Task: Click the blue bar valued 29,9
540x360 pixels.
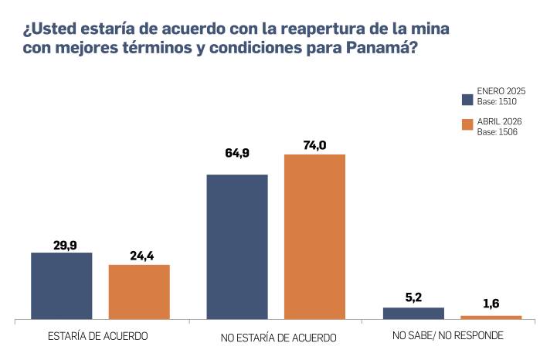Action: pyautogui.click(x=62, y=285)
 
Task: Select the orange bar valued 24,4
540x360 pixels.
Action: pyautogui.click(x=139, y=291)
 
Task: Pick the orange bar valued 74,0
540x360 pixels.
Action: pyautogui.click(x=314, y=236)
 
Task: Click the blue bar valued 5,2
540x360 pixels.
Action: pyautogui.click(x=413, y=313)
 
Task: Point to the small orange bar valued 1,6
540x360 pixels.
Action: pyautogui.click(x=491, y=317)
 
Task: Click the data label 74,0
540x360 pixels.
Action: pyautogui.click(x=314, y=144)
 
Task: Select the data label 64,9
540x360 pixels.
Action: pyautogui.click(x=237, y=153)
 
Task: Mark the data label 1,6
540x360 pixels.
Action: pyautogui.click(x=491, y=304)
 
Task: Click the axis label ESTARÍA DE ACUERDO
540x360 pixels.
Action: pyautogui.click(x=98, y=336)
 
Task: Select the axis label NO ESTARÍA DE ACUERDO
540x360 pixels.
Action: pyautogui.click(x=279, y=338)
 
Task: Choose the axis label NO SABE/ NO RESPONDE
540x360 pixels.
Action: pyautogui.click(x=447, y=336)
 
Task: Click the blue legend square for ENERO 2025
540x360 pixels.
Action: pyautogui.click(x=467, y=99)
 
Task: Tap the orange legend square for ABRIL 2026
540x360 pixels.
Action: pyautogui.click(x=467, y=125)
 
